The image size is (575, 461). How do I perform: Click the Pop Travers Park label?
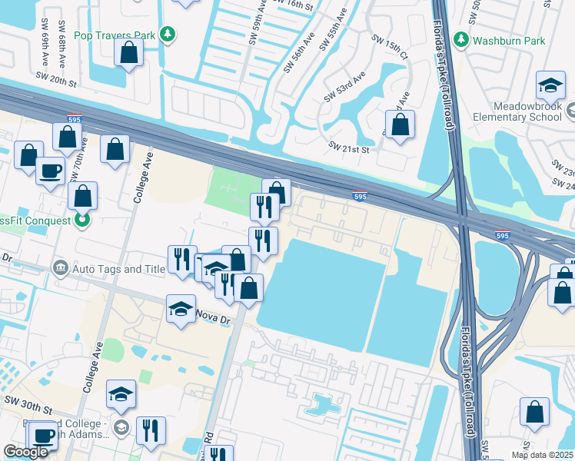click(113, 35)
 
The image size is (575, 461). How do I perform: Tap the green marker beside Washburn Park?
click(460, 39)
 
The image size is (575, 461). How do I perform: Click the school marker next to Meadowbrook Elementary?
click(550, 87)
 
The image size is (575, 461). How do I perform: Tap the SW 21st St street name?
click(349, 146)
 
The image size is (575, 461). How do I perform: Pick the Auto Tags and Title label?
click(119, 269)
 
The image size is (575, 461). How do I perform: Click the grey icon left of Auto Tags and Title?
click(61, 268)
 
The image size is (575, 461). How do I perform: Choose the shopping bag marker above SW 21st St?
click(400, 124)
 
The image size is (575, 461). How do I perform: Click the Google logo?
click(26, 451)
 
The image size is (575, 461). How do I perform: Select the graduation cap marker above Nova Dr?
click(181, 310)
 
